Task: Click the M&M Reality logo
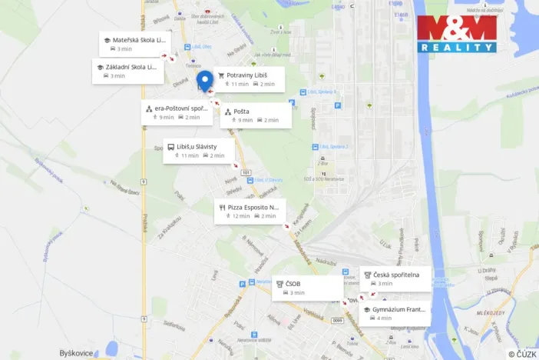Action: tap(457, 34)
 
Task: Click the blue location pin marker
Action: tap(205, 81)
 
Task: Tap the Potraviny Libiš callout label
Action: tap(250, 78)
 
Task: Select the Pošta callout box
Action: tap(256, 115)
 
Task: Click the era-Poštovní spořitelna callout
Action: tap(176, 112)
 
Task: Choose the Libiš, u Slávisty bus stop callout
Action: tap(198, 151)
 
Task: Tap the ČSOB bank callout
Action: tap(307, 288)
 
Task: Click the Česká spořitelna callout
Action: tap(395, 278)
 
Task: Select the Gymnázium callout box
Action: tap(395, 313)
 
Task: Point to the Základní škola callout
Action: tap(127, 71)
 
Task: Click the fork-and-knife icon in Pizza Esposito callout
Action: tap(221, 207)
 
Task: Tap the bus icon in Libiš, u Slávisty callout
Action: tap(170, 146)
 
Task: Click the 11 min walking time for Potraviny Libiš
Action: tap(239, 84)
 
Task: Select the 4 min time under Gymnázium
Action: tap(385, 318)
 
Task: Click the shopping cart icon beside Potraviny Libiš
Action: tap(221, 75)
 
